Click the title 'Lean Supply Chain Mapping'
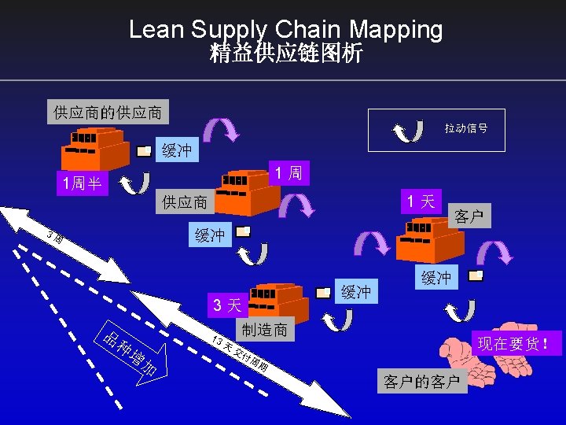click(x=286, y=30)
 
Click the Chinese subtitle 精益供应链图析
click(x=286, y=54)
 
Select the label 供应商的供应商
click(x=108, y=113)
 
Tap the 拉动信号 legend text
click(x=465, y=128)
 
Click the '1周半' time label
click(x=83, y=184)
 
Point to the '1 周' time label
click(x=289, y=172)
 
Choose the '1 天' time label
click(x=421, y=201)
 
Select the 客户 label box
click(x=469, y=216)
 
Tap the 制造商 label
click(x=265, y=329)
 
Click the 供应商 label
click(x=186, y=202)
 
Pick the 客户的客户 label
click(x=421, y=382)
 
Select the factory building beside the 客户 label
click(x=424, y=240)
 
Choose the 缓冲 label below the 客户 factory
click(x=436, y=277)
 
